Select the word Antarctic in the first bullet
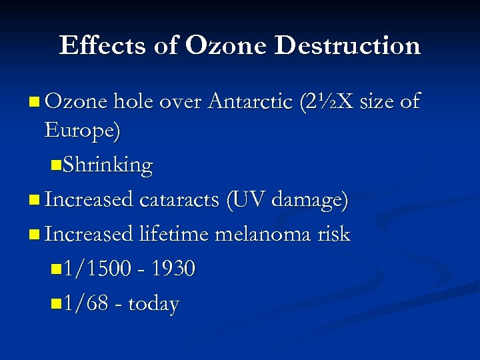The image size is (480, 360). click(251, 101)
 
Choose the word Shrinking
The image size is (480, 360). click(107, 165)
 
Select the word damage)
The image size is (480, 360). click(309, 200)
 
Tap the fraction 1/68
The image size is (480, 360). click(83, 305)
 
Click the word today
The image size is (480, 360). click(153, 305)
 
